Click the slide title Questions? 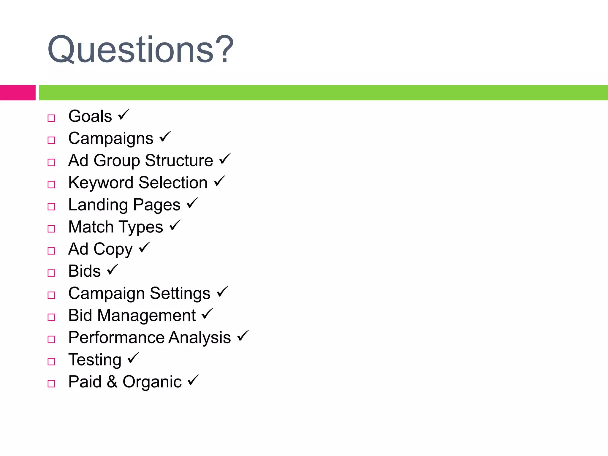[x=140, y=50]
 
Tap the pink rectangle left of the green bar [x=18, y=93]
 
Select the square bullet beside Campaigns [x=51, y=140]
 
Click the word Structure [x=179, y=161]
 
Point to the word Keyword [x=101, y=183]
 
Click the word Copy [x=113, y=249]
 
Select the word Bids [x=85, y=271]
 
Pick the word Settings [x=180, y=294]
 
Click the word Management [x=146, y=315]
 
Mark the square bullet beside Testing [x=51, y=361]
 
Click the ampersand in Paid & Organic [x=112, y=382]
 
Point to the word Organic [x=152, y=382]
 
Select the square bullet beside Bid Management [x=51, y=317]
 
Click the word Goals [x=90, y=116]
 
